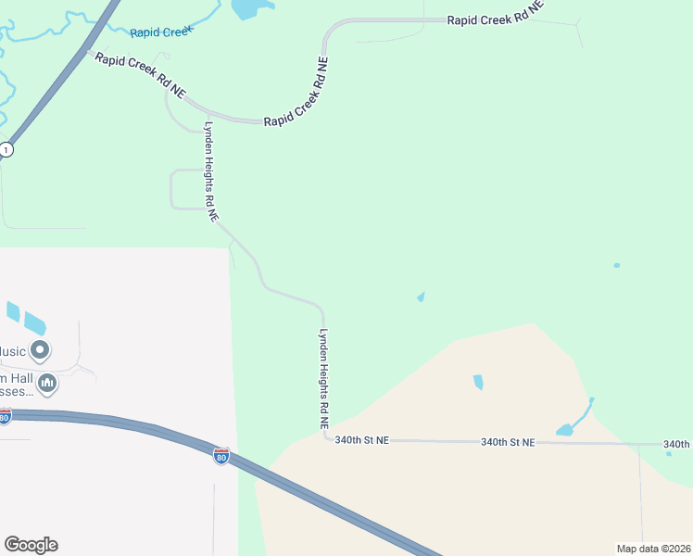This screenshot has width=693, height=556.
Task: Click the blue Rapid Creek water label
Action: click(161, 32)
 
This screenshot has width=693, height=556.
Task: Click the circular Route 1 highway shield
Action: click(6, 149)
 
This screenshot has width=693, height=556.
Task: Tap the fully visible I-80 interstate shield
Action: click(220, 456)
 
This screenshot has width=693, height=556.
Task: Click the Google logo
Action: click(31, 545)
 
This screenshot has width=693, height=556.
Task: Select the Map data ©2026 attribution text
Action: click(653, 549)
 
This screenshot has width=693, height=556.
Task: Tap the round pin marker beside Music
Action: click(40, 350)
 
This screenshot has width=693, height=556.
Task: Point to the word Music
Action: click(12, 351)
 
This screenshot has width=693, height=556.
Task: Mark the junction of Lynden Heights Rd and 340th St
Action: click(327, 439)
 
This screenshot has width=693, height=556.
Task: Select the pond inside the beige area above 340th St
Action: click(478, 382)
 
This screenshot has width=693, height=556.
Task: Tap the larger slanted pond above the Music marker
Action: click(34, 323)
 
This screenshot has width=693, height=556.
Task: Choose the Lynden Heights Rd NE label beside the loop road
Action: click(211, 171)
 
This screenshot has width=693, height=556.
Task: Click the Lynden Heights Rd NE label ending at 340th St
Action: click(325, 380)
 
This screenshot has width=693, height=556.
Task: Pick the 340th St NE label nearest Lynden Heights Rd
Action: click(361, 441)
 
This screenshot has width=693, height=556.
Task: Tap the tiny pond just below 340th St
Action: click(669, 453)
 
